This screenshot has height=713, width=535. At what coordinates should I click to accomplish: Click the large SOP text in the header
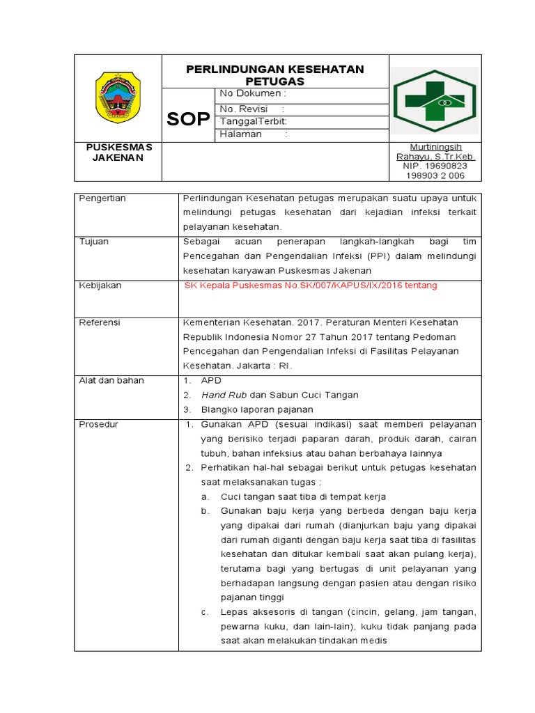tap(188, 119)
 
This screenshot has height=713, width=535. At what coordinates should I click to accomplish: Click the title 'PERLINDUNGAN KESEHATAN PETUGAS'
tap(274, 75)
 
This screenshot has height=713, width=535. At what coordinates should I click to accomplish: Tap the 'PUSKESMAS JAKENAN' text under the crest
tap(118, 152)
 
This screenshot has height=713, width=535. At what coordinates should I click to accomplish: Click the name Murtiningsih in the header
tap(435, 148)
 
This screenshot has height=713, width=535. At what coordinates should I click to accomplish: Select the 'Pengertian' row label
tap(102, 198)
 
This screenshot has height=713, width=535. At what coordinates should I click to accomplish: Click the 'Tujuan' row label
tap(94, 242)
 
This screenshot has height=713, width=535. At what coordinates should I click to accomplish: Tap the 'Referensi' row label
tap(100, 322)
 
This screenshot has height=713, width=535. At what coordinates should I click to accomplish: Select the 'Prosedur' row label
tap(98, 424)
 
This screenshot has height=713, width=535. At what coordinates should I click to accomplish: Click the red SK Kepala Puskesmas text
tap(311, 285)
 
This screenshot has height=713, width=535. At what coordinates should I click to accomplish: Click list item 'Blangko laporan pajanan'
tap(257, 409)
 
